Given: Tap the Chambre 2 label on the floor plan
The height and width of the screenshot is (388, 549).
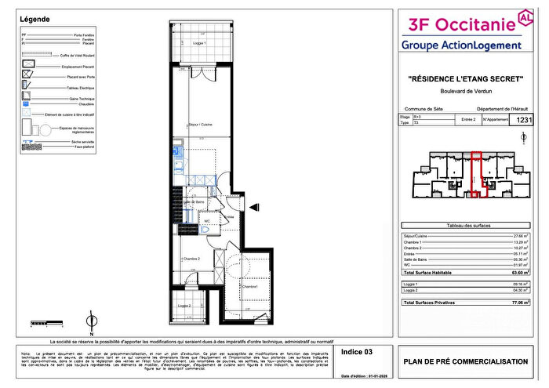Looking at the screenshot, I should point(191,259).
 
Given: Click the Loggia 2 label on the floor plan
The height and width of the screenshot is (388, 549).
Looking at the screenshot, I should point(185,306).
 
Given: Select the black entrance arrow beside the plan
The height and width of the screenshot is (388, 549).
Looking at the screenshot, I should point(255,206).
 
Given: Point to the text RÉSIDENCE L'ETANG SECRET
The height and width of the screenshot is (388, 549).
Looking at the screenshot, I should point(465,78).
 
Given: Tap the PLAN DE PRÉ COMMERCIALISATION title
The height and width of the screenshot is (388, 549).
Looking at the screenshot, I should point(465,361).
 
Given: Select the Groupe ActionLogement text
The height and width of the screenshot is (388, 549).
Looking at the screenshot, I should point(461,45).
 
